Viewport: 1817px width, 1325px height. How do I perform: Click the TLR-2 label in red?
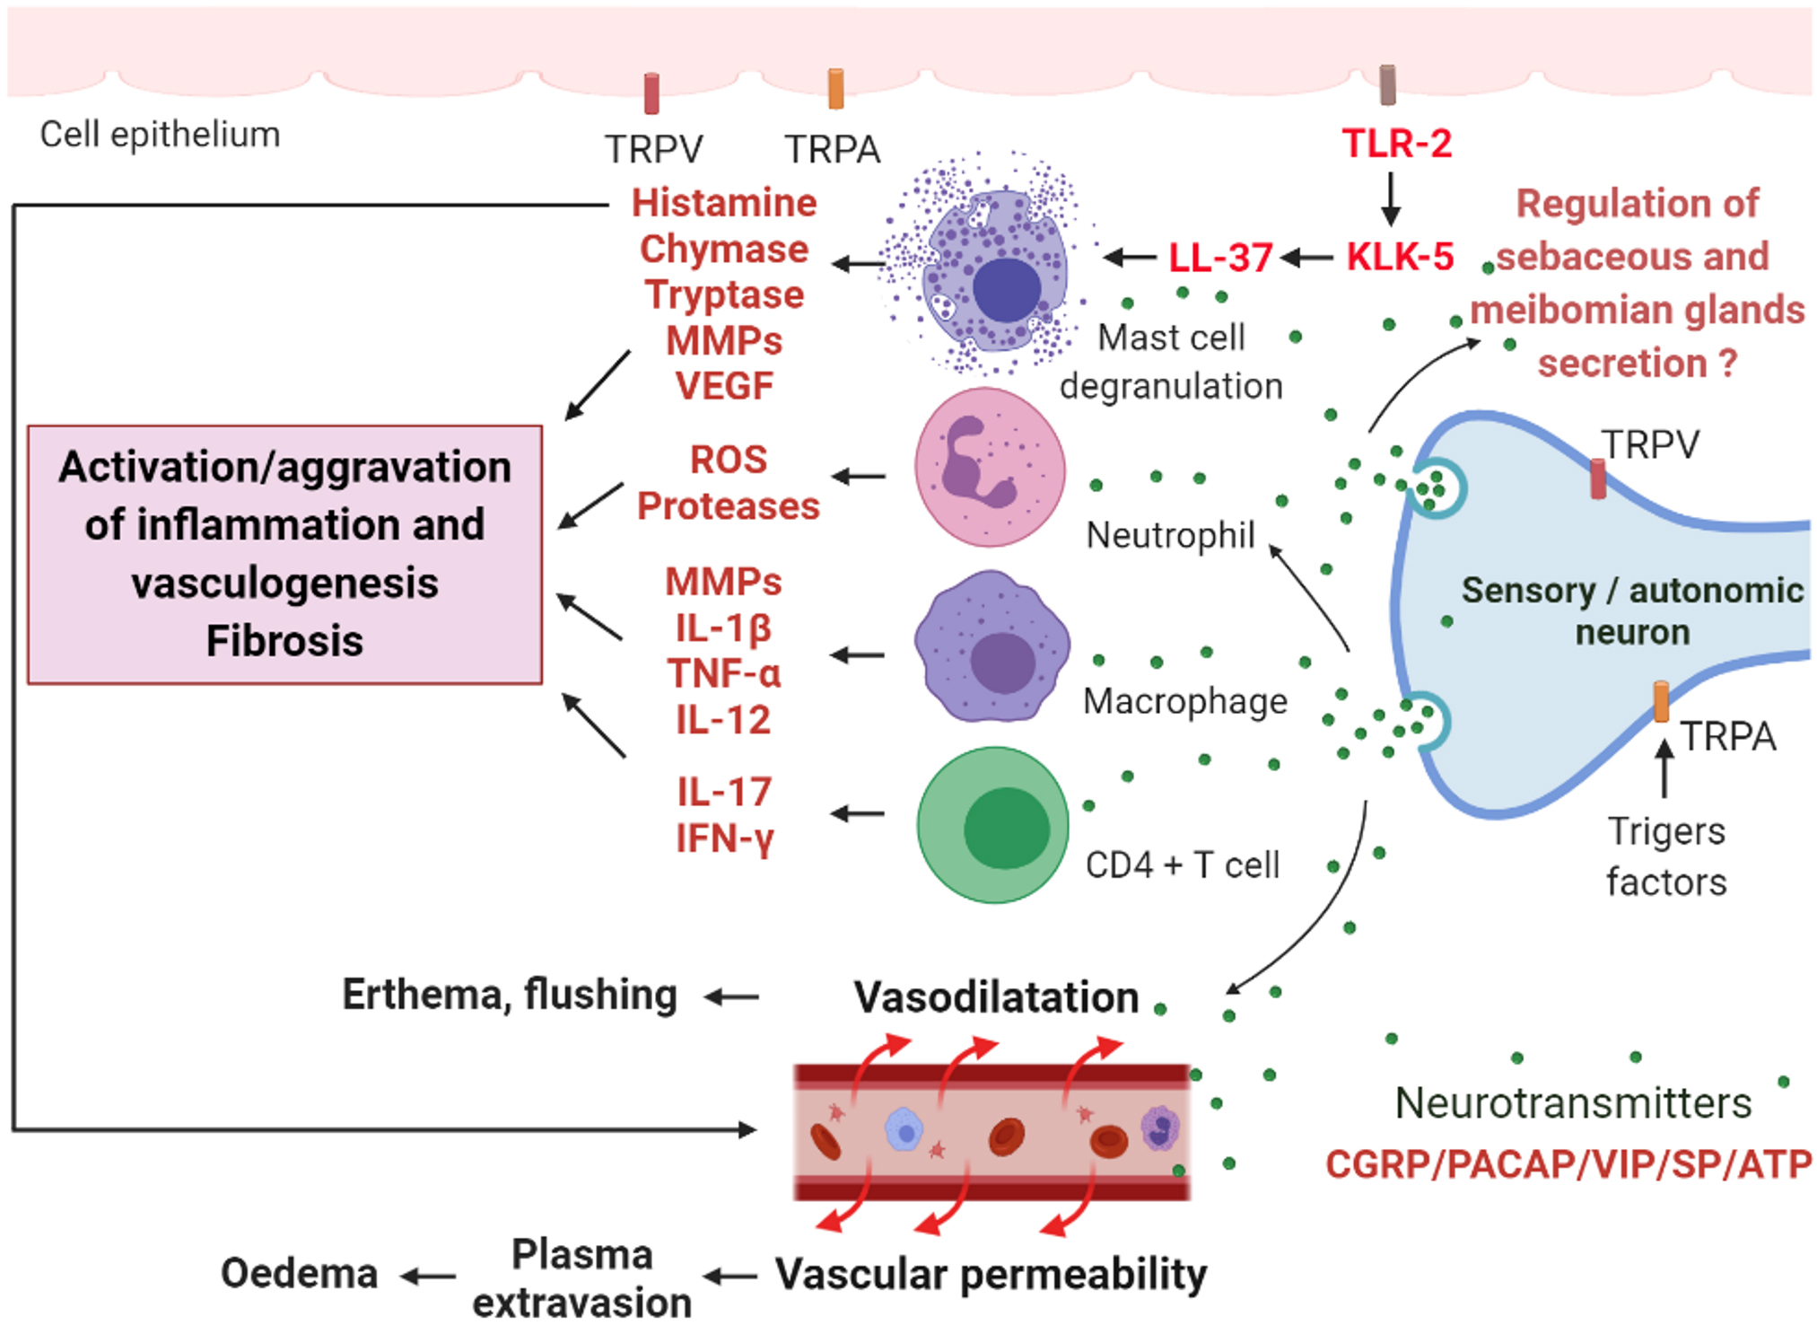(x=1396, y=144)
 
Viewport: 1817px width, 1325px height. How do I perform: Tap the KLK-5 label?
(x=1400, y=257)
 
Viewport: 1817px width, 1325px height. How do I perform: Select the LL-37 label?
(x=1220, y=259)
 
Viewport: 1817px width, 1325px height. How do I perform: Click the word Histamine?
(x=724, y=203)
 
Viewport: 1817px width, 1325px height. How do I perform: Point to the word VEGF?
(x=724, y=386)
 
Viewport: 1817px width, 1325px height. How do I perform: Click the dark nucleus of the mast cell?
(x=1007, y=290)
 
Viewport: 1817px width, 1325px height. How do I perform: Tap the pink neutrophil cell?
(x=990, y=467)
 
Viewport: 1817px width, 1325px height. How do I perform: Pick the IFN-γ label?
(x=724, y=838)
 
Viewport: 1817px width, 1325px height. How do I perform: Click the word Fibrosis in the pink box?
(x=284, y=641)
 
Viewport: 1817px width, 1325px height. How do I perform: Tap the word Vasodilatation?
(x=996, y=996)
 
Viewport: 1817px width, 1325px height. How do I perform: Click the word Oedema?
(x=299, y=1274)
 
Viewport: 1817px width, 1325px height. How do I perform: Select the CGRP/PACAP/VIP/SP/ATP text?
(x=1568, y=1164)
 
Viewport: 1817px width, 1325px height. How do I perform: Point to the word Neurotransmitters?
(x=1573, y=1103)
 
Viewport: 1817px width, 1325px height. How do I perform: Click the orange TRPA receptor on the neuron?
(x=1661, y=702)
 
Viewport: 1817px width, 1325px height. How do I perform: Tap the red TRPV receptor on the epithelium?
(x=652, y=93)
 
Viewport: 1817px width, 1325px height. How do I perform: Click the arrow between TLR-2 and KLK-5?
(x=1391, y=199)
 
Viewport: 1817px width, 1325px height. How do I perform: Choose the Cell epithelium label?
(x=160, y=135)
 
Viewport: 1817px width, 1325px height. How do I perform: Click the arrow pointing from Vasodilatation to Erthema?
(x=732, y=996)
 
